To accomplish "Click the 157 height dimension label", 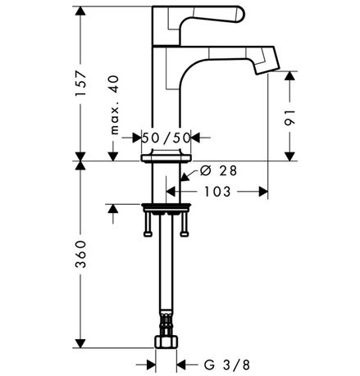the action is click(80, 83).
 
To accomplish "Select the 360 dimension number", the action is click(80, 254).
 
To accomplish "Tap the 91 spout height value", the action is click(289, 118).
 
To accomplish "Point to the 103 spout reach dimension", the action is click(218, 192).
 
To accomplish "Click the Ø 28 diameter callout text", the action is click(219, 170).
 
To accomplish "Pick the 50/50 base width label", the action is click(166, 138).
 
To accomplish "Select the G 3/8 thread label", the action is click(227, 365).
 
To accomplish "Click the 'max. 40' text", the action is click(115, 105).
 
